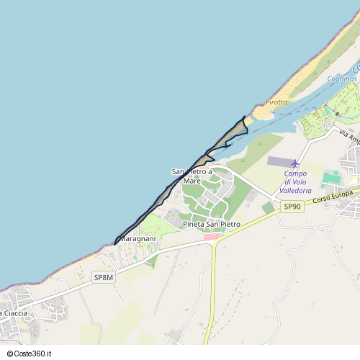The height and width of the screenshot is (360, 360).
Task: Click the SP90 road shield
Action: [x=292, y=207]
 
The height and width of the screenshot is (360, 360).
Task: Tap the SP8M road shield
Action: [x=104, y=276]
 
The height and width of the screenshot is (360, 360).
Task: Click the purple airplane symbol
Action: [x=294, y=163]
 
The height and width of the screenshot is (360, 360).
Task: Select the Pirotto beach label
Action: [x=276, y=102]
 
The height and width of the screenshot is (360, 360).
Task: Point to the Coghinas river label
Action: [x=342, y=78]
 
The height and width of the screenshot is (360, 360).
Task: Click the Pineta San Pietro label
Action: [x=212, y=225]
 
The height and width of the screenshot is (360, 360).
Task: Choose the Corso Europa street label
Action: [x=332, y=196]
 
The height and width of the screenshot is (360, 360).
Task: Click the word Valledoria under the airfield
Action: [x=295, y=191]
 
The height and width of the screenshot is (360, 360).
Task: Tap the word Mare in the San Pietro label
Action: [x=192, y=181]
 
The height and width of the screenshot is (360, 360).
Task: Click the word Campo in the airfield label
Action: [x=295, y=173]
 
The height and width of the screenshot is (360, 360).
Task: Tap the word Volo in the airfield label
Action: [x=300, y=181]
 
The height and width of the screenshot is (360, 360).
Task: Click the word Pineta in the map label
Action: [x=194, y=225]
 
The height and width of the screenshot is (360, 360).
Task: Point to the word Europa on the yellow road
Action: [x=341, y=194]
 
